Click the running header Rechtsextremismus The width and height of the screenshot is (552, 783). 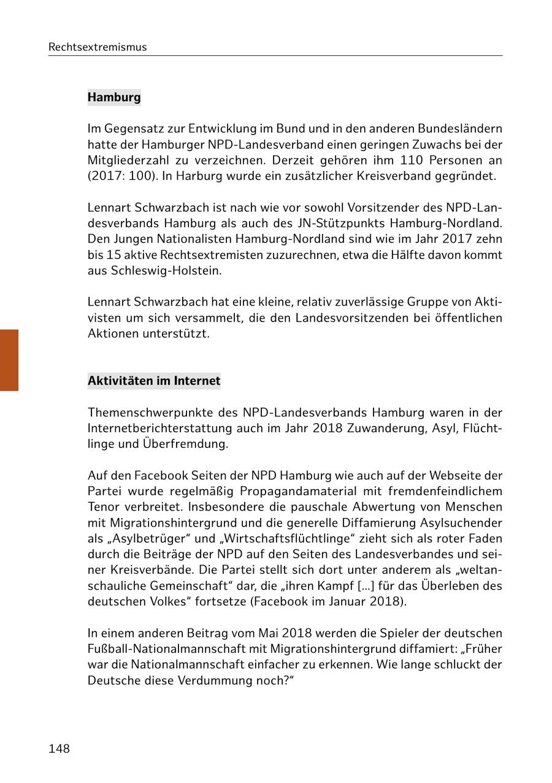(98, 47)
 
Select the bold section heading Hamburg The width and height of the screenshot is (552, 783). (114, 97)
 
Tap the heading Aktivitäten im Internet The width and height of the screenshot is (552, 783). (154, 380)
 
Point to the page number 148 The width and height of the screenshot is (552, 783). (59, 749)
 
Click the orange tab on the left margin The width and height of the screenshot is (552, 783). (9, 360)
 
